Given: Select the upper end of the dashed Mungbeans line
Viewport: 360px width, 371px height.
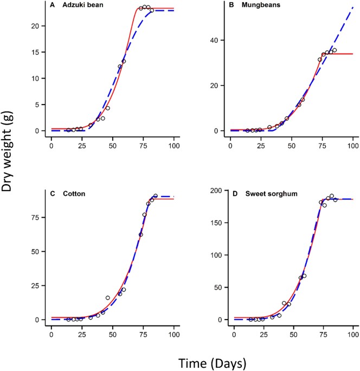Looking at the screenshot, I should (352, 8).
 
